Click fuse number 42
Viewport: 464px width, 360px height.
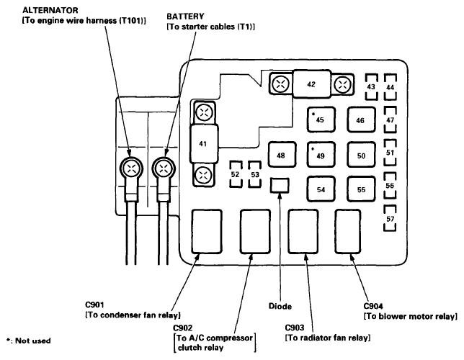pyautogui.click(x=311, y=84)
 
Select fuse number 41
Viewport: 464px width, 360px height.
pyautogui.click(x=204, y=144)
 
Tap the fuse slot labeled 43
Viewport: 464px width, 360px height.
pyautogui.click(x=371, y=87)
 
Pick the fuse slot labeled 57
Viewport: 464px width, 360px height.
pyautogui.click(x=390, y=218)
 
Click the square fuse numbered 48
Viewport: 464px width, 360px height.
pyautogui.click(x=282, y=155)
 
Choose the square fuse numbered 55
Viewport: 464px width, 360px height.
pyautogui.click(x=361, y=189)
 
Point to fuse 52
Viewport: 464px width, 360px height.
pyautogui.click(x=236, y=174)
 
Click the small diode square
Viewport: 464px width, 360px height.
pyautogui.click(x=280, y=186)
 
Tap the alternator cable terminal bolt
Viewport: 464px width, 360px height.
pyautogui.click(x=131, y=168)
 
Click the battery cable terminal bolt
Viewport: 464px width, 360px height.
pyautogui.click(x=164, y=168)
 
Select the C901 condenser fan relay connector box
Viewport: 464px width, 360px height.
pyautogui.click(x=207, y=232)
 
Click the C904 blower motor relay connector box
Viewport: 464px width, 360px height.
pyautogui.click(x=348, y=232)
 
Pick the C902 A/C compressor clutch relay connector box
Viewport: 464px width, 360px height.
pyautogui.click(x=255, y=232)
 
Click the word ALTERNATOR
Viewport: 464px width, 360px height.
pyautogui.click(x=50, y=10)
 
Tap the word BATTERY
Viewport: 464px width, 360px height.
pyautogui.click(x=185, y=17)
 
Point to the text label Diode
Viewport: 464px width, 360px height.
pyautogui.click(x=280, y=306)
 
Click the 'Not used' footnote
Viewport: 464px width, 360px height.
pyautogui.click(x=28, y=341)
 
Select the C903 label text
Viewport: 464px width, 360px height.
pyautogui.click(x=295, y=328)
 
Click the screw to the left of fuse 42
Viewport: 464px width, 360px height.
pyautogui.click(x=280, y=84)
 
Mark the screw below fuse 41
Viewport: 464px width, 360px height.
pyautogui.click(x=204, y=174)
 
